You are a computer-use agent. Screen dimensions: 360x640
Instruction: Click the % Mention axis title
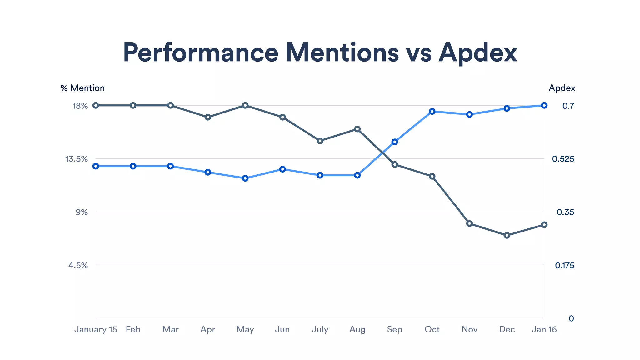pos(82,88)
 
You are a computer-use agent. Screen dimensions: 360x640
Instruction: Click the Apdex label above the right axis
pos(562,88)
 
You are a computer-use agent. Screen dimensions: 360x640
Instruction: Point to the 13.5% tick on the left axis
pos(77,159)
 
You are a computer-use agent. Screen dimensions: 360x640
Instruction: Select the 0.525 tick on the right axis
pos(563,159)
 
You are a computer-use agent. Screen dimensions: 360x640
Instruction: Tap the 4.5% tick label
pos(78,266)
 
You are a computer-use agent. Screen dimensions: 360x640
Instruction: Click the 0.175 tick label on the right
pos(564,266)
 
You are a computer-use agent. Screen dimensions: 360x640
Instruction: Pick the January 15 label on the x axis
pos(95,329)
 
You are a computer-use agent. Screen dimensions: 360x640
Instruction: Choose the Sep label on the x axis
pos(394,329)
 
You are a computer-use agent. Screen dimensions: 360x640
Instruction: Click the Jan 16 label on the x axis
pos(544,329)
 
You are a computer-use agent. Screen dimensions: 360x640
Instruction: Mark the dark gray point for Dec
pos(507,235)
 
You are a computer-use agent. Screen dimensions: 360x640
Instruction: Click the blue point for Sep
pos(395,142)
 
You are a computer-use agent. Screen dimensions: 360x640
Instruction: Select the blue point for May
pos(245,178)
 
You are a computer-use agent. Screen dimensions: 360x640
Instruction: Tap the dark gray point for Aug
pos(357,129)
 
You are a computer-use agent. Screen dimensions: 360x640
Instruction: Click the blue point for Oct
pos(432,112)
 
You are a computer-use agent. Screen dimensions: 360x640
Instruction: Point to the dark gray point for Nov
pos(469,224)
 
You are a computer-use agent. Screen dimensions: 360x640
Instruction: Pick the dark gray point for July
pos(320,141)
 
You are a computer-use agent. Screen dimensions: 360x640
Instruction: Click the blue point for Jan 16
pos(544,105)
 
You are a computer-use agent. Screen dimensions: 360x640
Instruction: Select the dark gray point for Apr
pos(208,117)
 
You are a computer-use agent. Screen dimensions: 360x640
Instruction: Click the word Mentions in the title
pos(342,52)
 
